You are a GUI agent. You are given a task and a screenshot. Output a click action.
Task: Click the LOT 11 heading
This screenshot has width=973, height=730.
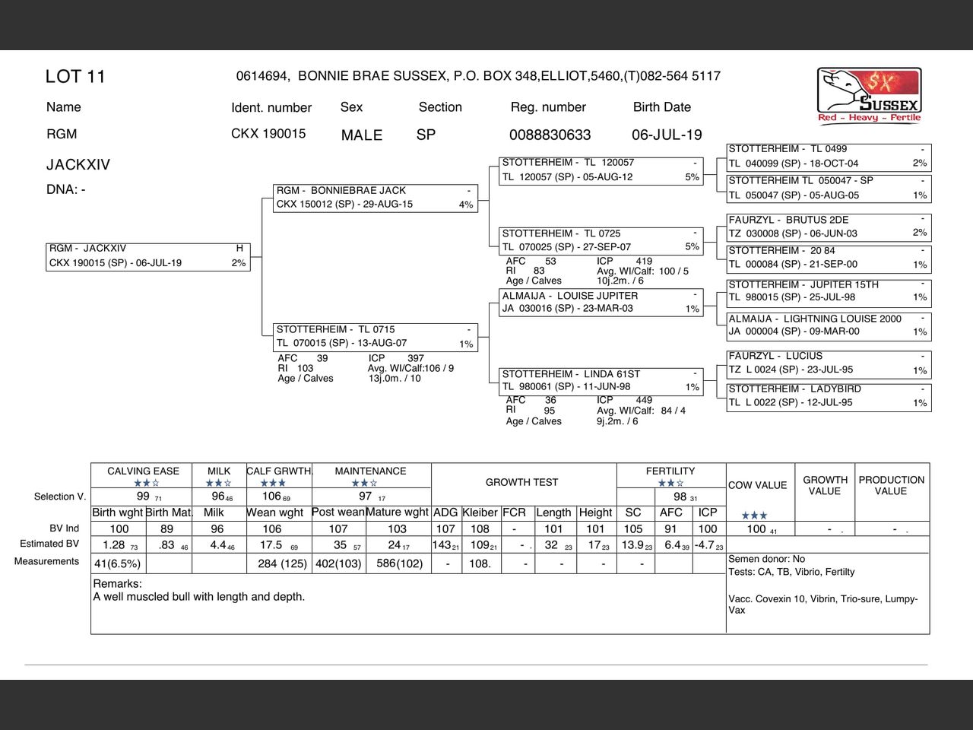pos(75,77)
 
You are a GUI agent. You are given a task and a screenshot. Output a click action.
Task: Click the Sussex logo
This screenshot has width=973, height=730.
pos(869,95)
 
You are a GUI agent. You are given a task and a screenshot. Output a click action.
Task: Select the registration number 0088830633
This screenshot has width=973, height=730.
pos(550,135)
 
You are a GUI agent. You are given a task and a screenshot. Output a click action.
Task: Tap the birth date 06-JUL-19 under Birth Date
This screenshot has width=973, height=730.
pos(667,135)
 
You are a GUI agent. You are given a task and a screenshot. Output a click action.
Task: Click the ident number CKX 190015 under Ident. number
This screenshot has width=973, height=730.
pos(268,134)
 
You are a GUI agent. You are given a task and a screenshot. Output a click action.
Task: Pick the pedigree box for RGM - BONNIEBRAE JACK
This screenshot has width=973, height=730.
pos(376,198)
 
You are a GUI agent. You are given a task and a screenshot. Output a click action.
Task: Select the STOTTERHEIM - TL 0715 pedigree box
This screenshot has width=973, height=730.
pos(376,336)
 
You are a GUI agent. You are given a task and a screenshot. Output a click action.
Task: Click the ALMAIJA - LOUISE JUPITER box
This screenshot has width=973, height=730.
pos(601,302)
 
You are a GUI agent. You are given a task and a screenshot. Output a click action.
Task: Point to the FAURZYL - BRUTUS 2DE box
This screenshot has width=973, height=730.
pos(828,227)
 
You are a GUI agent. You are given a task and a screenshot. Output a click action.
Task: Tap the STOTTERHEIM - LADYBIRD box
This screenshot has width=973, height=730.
pos(828,395)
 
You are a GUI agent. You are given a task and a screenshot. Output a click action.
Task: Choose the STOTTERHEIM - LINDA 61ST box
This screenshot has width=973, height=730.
pos(601,380)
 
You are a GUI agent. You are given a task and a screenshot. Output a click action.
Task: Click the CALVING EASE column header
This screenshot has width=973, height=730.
pos(143,471)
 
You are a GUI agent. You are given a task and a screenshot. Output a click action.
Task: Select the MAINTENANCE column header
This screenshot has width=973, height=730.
pos(370,471)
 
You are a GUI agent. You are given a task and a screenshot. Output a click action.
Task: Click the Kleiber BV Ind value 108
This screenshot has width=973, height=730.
pos(480,529)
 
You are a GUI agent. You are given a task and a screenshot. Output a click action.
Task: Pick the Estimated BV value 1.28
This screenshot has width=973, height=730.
pos(114,545)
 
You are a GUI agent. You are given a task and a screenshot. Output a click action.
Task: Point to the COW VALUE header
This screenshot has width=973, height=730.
pos(757,485)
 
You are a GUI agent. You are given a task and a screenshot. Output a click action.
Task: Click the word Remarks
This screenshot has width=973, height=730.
pos(117,584)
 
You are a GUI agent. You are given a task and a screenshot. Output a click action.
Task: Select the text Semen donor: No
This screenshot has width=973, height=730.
pos(766,559)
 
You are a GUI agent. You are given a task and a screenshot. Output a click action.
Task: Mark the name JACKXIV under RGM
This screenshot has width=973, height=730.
pos(78,165)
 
